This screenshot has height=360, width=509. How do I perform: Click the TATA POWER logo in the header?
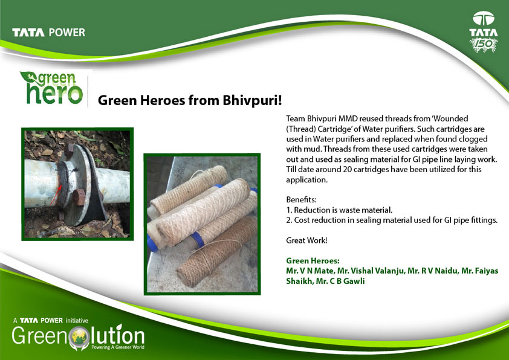(x=49, y=33)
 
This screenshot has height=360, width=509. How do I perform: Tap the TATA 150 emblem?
(x=484, y=32)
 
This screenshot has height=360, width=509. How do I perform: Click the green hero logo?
(x=51, y=88)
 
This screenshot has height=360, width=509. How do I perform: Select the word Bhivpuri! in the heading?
(x=252, y=100)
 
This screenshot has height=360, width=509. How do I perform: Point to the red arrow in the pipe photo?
(x=56, y=195)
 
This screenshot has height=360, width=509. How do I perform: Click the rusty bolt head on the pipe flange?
(x=78, y=197)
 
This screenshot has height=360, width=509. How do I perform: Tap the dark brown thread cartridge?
(x=217, y=251)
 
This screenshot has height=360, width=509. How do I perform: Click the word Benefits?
(x=301, y=199)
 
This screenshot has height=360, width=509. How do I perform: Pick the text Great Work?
(x=306, y=240)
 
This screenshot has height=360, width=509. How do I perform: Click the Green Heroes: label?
(x=313, y=261)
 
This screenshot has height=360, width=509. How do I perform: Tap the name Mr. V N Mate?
(x=310, y=271)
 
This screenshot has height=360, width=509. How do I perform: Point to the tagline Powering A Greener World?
(x=118, y=347)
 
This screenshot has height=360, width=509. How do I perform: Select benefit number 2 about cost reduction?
(x=392, y=220)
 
